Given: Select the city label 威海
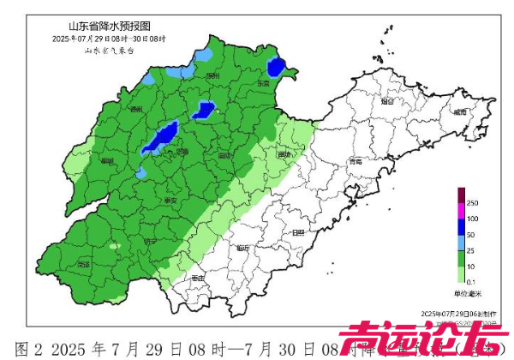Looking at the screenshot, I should [460, 111].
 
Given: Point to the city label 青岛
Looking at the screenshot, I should [356, 161].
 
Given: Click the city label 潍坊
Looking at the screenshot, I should [284, 153].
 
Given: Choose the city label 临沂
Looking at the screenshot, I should [243, 248].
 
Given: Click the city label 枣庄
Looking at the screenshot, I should [198, 279].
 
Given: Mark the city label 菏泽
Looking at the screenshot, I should [83, 265].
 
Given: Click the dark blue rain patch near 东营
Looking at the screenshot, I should [276, 67].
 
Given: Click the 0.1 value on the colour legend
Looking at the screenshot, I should [472, 281].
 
